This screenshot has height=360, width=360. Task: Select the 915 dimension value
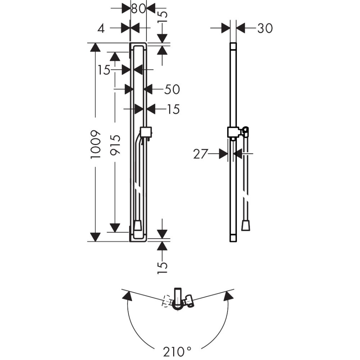(115, 144)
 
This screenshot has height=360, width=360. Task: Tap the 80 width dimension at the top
(138, 8)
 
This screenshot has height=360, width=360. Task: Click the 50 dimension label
(172, 89)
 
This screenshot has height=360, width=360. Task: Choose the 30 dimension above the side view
(265, 28)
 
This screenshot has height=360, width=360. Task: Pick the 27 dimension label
(201, 154)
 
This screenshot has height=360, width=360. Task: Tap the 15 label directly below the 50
(173, 109)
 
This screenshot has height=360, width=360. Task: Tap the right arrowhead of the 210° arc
(228, 296)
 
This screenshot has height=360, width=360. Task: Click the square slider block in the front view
(146, 132)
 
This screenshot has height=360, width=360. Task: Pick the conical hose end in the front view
(138, 226)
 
